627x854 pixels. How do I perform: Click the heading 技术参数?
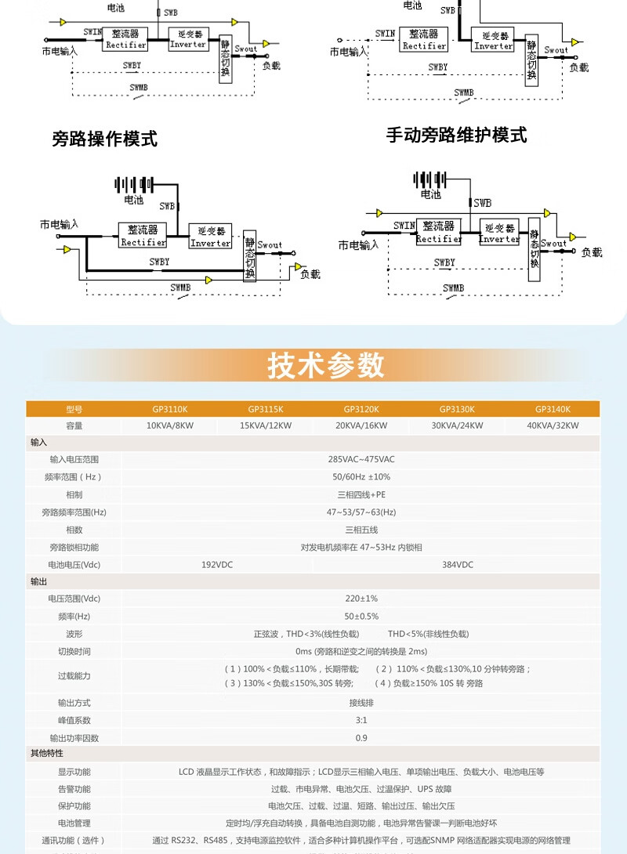(x=326, y=366)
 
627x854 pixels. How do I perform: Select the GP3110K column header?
(x=170, y=409)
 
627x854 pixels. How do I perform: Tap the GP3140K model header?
(x=553, y=409)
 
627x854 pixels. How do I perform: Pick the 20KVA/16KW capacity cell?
(x=361, y=426)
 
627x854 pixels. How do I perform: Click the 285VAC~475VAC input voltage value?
(x=361, y=459)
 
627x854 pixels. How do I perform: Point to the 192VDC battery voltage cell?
(x=217, y=565)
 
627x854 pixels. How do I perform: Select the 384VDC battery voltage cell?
(x=457, y=565)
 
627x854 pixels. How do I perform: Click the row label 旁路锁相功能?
(x=74, y=548)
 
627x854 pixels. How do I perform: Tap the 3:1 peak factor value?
(x=361, y=720)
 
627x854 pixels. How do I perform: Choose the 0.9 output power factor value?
(x=361, y=738)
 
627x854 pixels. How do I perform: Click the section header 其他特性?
(x=47, y=753)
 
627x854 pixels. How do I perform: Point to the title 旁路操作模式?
(x=104, y=139)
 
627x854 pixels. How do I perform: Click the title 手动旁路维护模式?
(x=456, y=135)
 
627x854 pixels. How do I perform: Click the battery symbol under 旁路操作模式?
(x=134, y=184)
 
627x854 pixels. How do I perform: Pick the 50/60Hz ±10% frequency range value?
(x=361, y=477)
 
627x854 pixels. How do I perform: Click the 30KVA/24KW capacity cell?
(x=457, y=426)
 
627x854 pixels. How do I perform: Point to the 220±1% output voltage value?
(x=361, y=599)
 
